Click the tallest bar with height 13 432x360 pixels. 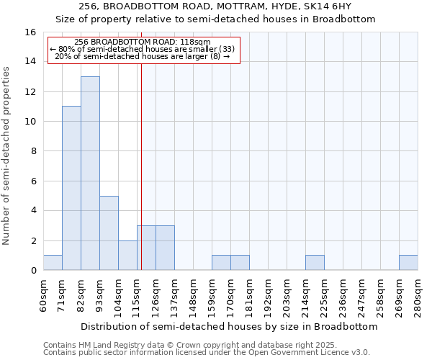[90, 174]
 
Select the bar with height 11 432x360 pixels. [71, 189]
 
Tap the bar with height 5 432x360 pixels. [109, 233]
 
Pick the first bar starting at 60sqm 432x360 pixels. [53, 263]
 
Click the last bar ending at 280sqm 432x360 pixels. [408, 263]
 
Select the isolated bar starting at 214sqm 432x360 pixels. [315, 263]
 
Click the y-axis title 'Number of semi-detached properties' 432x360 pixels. [7, 155]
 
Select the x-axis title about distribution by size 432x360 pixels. [229, 326]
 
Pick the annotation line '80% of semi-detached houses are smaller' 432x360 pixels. [142, 49]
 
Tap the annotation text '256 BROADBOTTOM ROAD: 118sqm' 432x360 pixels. [142, 42]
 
